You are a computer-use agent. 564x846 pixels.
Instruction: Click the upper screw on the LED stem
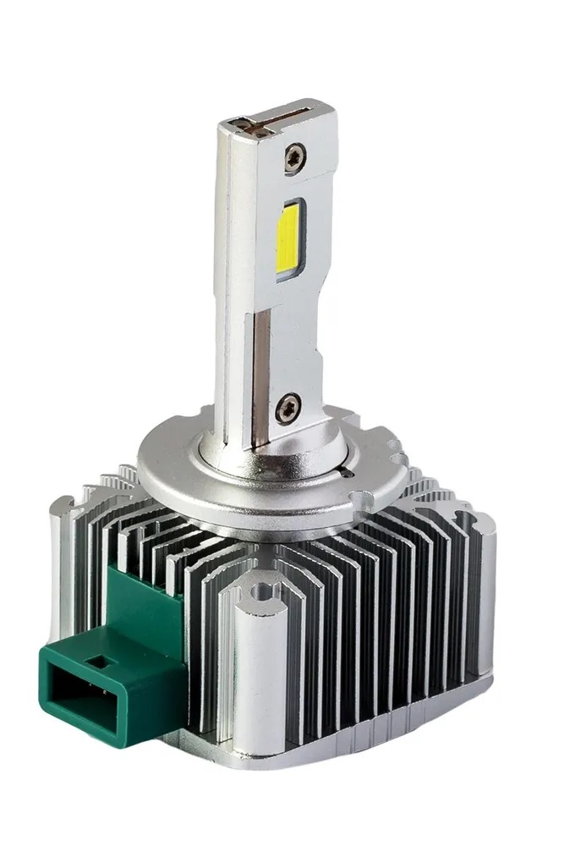coord(294,157)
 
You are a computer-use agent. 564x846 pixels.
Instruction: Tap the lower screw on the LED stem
coord(288,407)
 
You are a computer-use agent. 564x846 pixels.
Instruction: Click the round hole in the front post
coord(264,591)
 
